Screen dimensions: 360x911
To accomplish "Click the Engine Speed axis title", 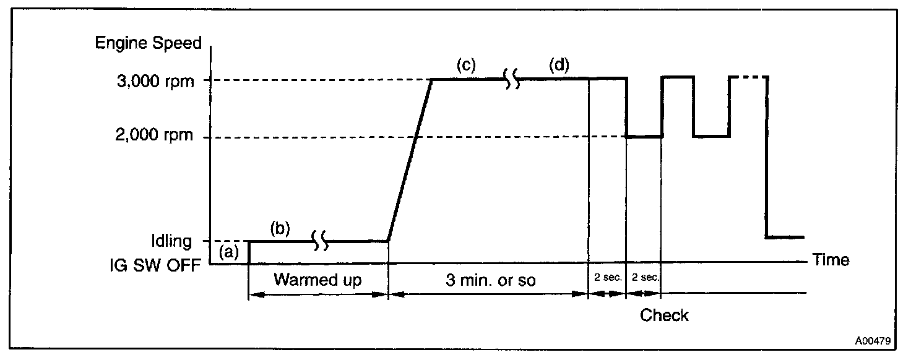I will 148,43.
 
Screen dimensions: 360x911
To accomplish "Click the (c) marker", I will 466,65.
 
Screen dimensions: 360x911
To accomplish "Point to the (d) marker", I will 559,65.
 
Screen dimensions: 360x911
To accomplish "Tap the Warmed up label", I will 317,280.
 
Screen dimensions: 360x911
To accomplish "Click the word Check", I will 664,315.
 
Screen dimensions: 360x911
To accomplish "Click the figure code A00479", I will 873,340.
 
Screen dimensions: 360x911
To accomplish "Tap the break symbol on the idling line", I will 320,241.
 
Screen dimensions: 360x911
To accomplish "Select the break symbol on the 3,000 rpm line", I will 512,79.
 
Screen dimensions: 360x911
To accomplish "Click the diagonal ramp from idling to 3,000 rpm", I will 410,159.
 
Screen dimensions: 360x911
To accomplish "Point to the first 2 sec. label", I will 607,278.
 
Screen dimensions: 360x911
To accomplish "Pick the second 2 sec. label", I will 644,278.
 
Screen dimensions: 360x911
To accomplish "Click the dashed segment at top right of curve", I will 749,77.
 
